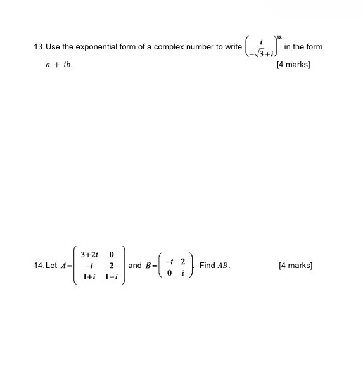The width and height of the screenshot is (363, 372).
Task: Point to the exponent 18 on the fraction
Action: click(x=277, y=38)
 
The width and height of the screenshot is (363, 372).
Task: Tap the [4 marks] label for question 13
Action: click(x=293, y=65)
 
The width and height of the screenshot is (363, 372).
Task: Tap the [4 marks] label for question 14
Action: click(x=295, y=266)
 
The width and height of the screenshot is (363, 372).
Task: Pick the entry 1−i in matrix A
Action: click(x=111, y=278)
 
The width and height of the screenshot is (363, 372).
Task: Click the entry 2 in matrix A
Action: click(x=111, y=266)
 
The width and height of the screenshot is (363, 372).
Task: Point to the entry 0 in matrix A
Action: click(x=111, y=254)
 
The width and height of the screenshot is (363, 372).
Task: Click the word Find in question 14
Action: click(x=207, y=266)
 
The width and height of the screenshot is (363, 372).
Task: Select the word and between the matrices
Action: click(x=135, y=266)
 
